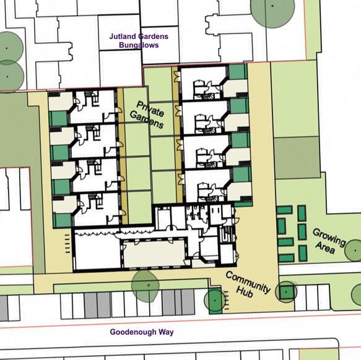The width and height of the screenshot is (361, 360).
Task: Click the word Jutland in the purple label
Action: pos(123,36)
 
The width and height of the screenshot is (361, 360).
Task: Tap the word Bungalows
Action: pos(139,45)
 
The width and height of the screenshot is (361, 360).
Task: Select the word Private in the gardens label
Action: pos(150,109)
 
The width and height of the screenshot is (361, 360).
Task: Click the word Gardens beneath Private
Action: pos(147,120)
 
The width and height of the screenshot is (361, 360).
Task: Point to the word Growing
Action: pos(329,237)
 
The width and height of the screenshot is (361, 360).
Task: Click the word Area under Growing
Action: pos(325,247)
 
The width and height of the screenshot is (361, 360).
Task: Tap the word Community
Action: pos(248,282)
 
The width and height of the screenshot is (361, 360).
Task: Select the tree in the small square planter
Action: pos(286,292)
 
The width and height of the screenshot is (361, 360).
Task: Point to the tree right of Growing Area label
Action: pos(354,251)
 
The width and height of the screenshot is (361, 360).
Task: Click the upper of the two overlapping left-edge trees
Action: pos(8,48)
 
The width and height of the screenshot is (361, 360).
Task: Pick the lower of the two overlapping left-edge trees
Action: pos(9,76)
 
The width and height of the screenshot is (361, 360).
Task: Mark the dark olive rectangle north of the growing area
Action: pos(297,158)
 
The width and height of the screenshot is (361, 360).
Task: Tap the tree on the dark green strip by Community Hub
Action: pos(215,300)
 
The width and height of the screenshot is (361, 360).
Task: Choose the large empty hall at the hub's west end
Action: pos(97,252)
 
